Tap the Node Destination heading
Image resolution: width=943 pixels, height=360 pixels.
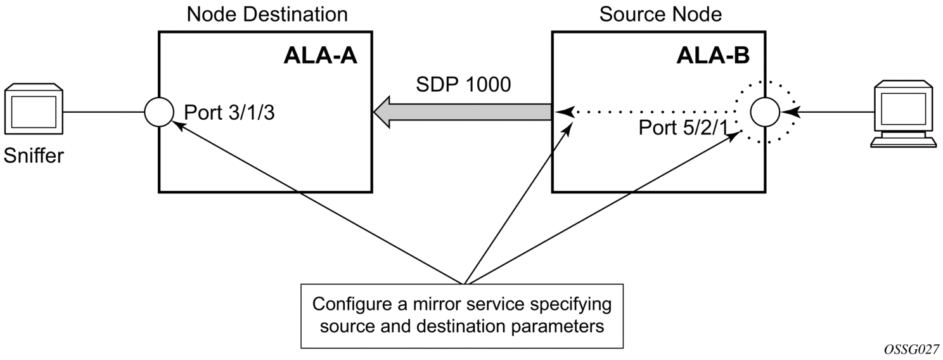(x=267, y=13)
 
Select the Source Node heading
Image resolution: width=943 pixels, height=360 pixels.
(x=660, y=13)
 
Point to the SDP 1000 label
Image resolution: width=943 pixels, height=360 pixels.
(x=463, y=84)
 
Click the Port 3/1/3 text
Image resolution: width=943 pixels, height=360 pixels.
(x=229, y=113)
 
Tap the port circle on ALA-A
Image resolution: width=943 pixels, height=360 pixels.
(x=158, y=112)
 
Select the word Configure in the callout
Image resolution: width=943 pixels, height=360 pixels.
(x=351, y=304)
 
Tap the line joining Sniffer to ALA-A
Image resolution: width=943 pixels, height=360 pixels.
(x=104, y=112)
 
